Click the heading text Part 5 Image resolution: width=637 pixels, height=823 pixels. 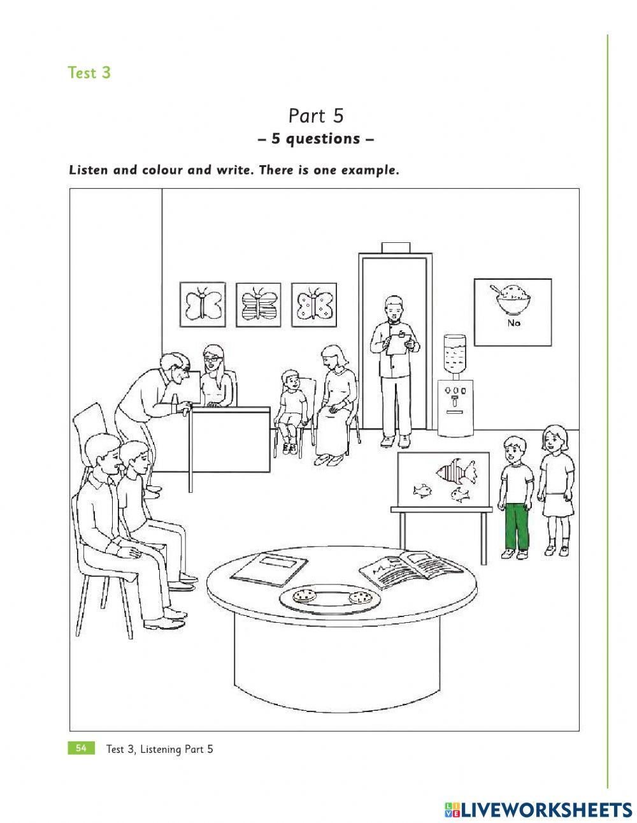pyautogui.click(x=316, y=116)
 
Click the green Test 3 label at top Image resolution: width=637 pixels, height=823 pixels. pyautogui.click(x=89, y=73)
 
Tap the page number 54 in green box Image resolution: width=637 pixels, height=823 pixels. pyautogui.click(x=81, y=748)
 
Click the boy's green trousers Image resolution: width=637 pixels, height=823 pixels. pyautogui.click(x=516, y=526)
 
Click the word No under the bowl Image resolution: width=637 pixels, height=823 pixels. pyautogui.click(x=513, y=323)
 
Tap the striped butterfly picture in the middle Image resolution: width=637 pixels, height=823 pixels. pyautogui.click(x=258, y=304)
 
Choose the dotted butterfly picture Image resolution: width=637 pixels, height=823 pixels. pyautogui.click(x=313, y=304)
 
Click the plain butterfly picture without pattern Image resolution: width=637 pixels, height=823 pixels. pyautogui.click(x=203, y=304)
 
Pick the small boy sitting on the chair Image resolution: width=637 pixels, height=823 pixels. pyautogui.click(x=292, y=408)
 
